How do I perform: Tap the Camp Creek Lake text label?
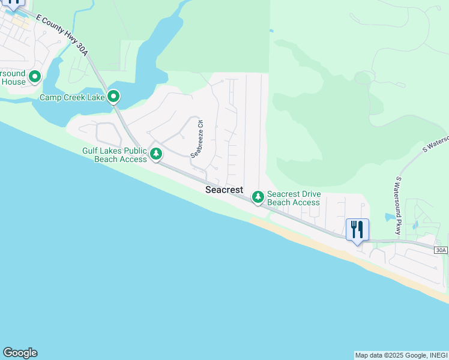click(x=72, y=97)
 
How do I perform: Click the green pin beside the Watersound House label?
click(x=35, y=77)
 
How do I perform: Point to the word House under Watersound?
click(x=13, y=82)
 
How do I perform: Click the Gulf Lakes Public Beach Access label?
click(x=115, y=155)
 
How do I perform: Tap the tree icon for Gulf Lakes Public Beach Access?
click(x=156, y=154)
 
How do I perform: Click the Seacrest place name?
click(x=224, y=190)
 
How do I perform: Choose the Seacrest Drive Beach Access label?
click(x=294, y=198)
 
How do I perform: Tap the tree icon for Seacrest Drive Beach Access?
click(x=258, y=196)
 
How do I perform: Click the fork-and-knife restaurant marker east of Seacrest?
click(x=357, y=229)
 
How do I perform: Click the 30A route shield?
click(x=441, y=250)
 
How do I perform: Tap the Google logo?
click(x=20, y=353)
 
